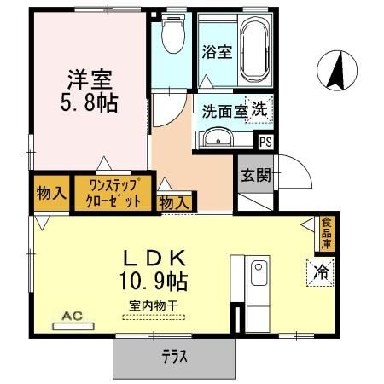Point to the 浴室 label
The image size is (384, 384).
click(216, 52)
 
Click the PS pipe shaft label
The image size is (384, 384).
click(265, 143)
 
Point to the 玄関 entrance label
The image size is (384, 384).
click(255, 176)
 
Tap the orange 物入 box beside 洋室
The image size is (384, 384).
click(50, 193)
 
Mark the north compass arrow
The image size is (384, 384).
click(335, 69)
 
